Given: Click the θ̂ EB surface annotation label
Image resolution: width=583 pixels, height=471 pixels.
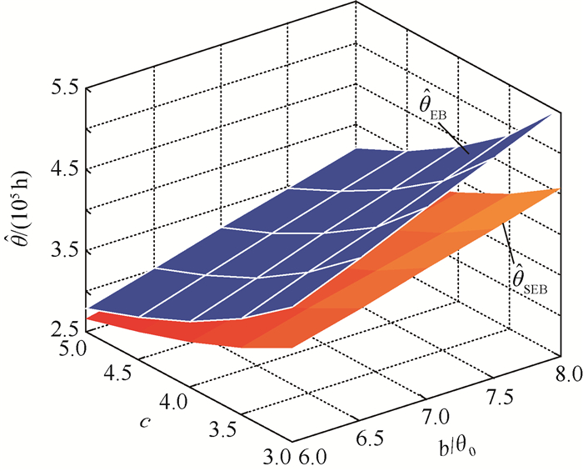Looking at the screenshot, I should [436, 108].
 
